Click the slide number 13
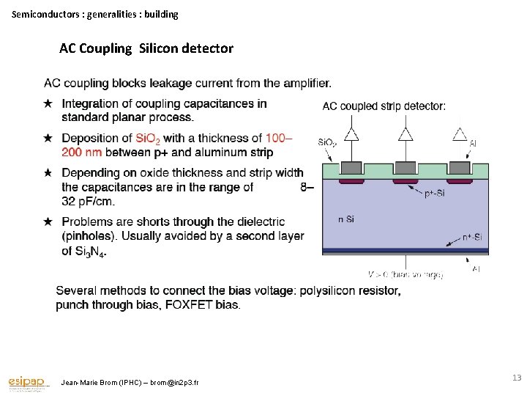516,378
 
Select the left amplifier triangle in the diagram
352,134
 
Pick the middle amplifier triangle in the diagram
405,134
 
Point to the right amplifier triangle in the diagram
459,134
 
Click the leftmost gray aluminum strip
352,166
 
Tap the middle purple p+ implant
405,180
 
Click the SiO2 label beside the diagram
327,142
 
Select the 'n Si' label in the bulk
346,219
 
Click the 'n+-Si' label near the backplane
471,237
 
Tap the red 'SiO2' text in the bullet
149,139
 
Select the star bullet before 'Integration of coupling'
48,103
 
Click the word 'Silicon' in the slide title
162,48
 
